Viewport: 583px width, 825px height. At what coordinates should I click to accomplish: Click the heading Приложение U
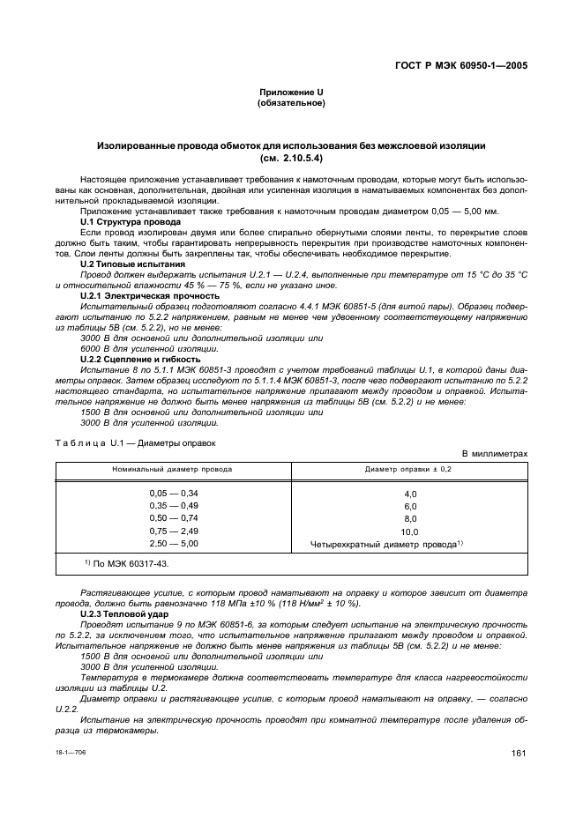point(290,93)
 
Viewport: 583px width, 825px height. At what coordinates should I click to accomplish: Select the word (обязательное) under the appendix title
point(290,104)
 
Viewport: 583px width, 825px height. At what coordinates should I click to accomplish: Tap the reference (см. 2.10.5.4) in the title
point(290,159)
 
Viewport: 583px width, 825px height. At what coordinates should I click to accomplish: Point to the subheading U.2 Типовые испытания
point(131,264)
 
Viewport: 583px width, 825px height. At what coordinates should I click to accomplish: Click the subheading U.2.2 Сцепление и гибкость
point(138,359)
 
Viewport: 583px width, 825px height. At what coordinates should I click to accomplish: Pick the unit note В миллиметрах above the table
point(495,454)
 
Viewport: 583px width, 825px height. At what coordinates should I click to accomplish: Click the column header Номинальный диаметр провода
point(172,470)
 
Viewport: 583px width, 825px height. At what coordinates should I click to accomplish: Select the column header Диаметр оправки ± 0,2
point(409,470)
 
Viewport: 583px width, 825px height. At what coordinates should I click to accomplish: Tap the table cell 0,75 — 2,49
point(174,531)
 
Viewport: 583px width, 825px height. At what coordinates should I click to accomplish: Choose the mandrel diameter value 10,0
point(409,532)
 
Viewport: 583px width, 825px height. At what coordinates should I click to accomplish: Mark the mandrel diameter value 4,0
point(409,494)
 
